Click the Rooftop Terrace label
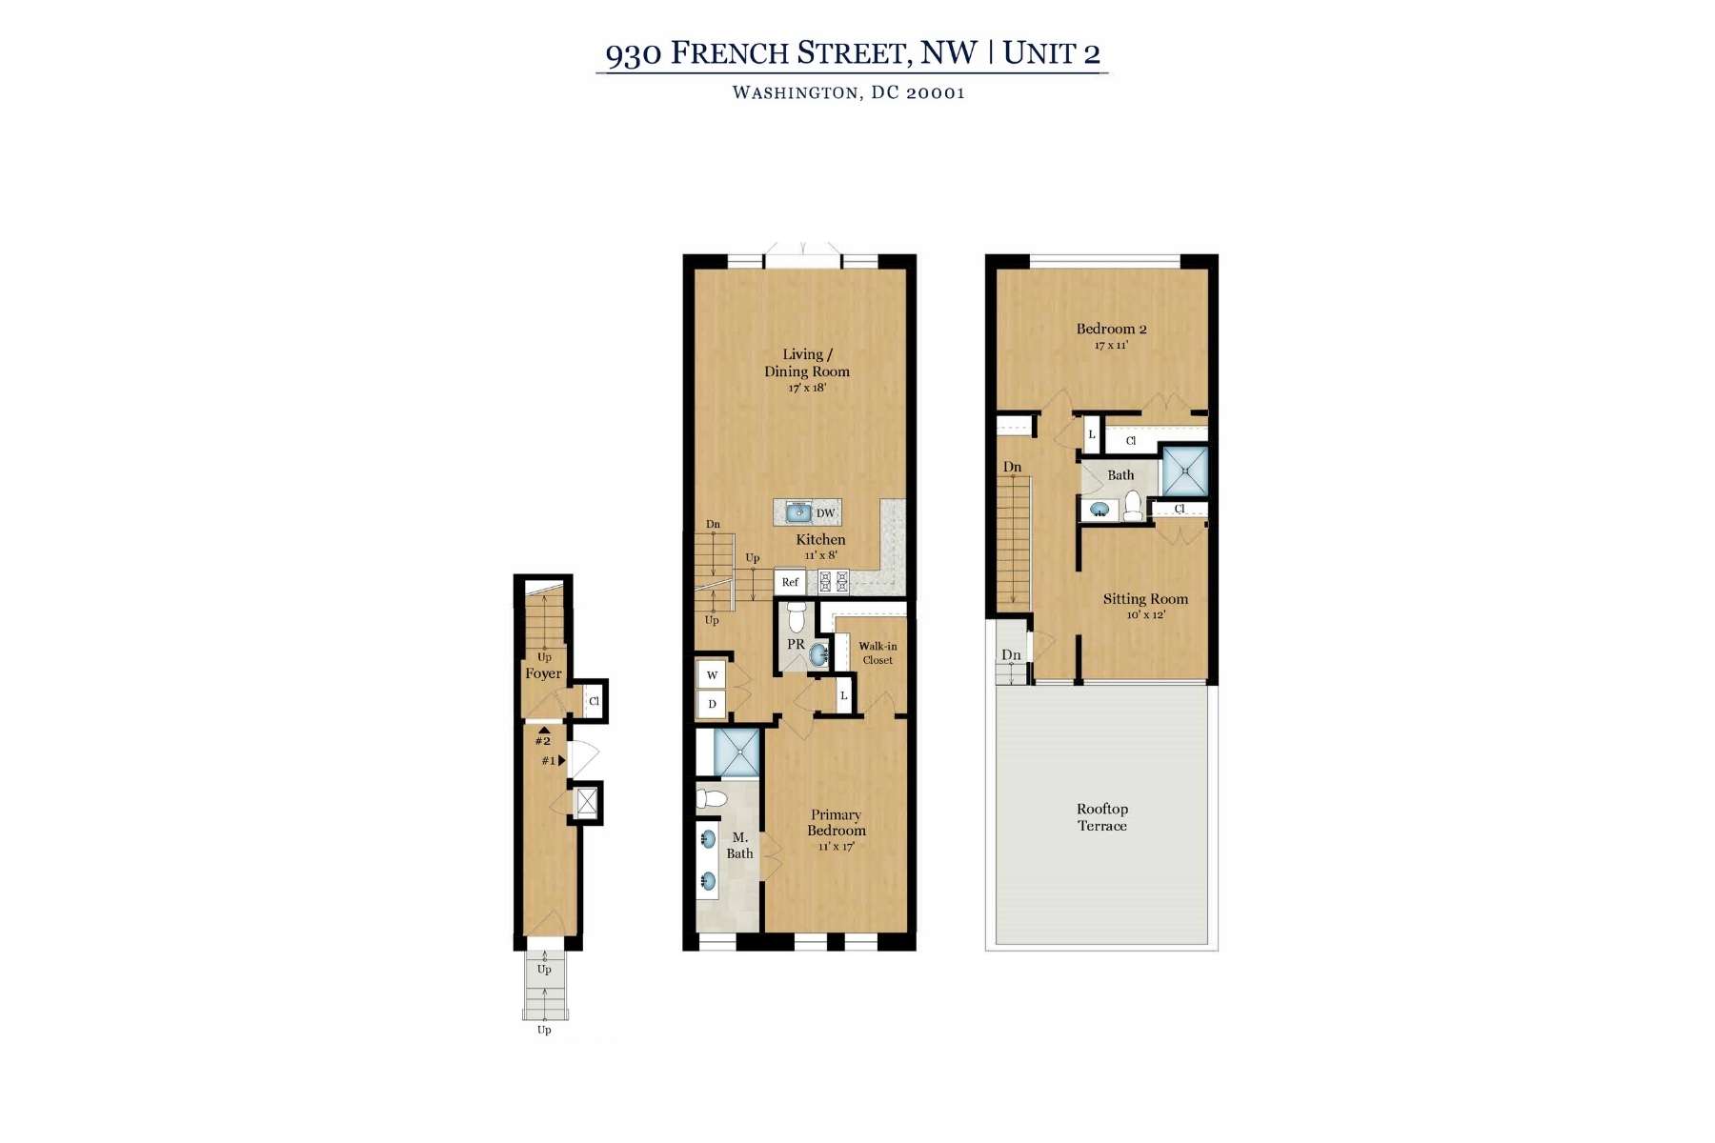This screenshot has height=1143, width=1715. pos(1102,817)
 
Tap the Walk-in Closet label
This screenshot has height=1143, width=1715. pos(878,653)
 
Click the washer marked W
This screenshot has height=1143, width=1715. pos(712,675)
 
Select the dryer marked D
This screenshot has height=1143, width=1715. pos(712,704)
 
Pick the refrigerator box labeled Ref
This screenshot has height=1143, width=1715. pos(790,582)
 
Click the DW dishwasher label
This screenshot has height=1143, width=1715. pos(826,513)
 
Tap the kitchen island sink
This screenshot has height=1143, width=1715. pos(797,513)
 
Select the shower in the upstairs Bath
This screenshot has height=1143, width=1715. pos(1184,471)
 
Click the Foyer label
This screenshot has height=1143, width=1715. pos(543,673)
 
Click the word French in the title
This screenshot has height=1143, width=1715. pos(730,52)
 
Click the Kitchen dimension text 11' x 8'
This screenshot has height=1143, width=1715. pos(820,555)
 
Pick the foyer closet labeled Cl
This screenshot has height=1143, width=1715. pos(594,701)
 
